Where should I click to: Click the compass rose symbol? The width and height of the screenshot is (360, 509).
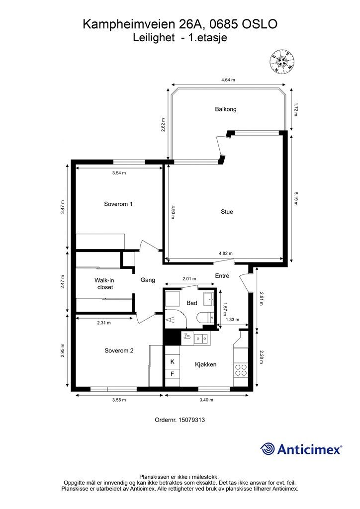pos(282,62)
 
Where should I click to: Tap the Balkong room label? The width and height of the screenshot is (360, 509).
pos(226,109)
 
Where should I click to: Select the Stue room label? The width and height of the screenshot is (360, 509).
pos(227,212)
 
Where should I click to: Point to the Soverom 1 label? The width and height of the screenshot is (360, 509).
pos(118,204)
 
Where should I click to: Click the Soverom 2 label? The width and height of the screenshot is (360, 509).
pos(119,350)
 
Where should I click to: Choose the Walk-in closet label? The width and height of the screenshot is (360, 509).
pos(105,284)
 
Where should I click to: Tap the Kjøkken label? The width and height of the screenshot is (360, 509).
pos(205,364)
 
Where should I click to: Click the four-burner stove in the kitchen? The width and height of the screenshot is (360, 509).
pos(241,370)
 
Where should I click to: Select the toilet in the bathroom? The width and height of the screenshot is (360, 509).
pos(205,318)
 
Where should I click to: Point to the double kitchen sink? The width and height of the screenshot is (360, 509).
pos(201,339)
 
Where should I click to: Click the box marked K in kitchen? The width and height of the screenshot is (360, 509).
pos(173,362)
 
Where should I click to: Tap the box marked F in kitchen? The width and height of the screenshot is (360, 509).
pos(173,374)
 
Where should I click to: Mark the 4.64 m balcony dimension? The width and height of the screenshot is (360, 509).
pos(228,80)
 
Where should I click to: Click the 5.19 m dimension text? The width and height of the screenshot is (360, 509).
pos(296,199)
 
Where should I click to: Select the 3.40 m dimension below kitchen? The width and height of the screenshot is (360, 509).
pos(206,400)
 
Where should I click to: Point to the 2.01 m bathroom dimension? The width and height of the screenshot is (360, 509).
pos(189,278)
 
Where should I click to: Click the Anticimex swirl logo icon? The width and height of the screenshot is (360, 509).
pos(268,449)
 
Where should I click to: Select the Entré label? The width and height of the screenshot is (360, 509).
pos(222,275)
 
